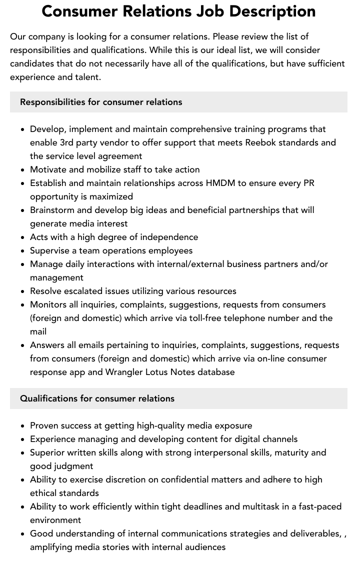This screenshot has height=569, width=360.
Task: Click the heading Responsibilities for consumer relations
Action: (x=101, y=102)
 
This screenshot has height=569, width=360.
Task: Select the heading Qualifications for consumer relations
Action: (x=97, y=398)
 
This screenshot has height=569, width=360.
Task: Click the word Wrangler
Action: (x=124, y=372)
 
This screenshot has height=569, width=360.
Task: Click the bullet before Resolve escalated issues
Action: (x=23, y=291)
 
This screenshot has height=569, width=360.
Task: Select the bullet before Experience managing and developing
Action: (x=23, y=439)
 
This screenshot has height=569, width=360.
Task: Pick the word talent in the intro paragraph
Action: (x=87, y=77)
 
